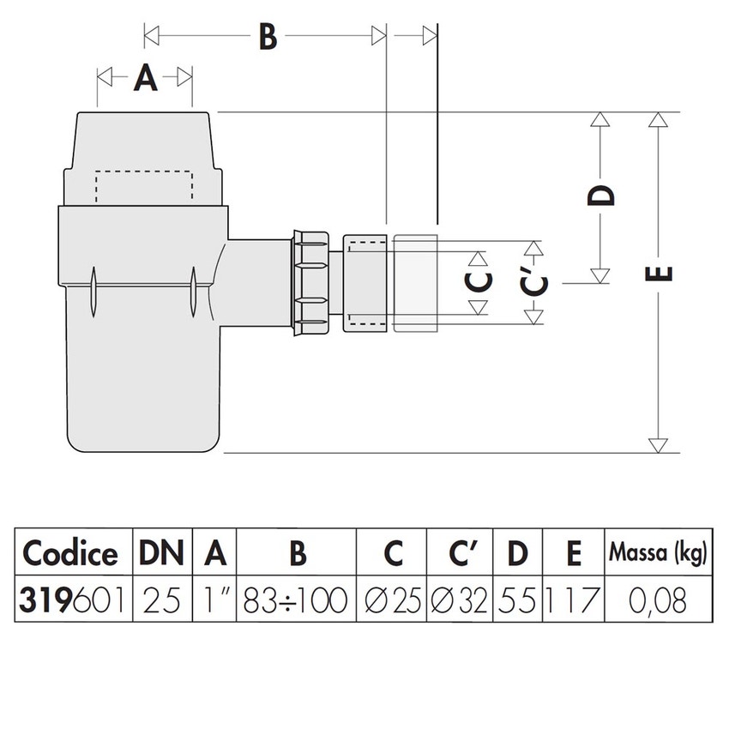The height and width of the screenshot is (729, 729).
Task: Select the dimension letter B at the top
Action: (x=268, y=37)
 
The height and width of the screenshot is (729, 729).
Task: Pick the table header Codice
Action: (x=70, y=554)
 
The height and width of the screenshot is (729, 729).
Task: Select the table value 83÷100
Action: (x=297, y=599)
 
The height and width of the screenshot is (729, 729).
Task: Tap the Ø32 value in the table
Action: (x=459, y=599)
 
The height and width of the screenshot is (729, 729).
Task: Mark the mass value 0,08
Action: (x=659, y=599)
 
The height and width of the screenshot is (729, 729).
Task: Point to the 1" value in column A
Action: (x=214, y=599)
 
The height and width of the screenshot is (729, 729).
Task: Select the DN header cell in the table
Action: (x=162, y=554)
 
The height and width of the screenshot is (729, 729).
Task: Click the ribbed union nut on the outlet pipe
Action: (x=311, y=281)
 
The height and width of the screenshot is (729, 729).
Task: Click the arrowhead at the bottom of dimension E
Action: (x=658, y=445)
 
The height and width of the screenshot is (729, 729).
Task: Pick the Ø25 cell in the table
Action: (x=392, y=599)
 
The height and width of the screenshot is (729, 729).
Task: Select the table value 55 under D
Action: (x=517, y=599)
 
